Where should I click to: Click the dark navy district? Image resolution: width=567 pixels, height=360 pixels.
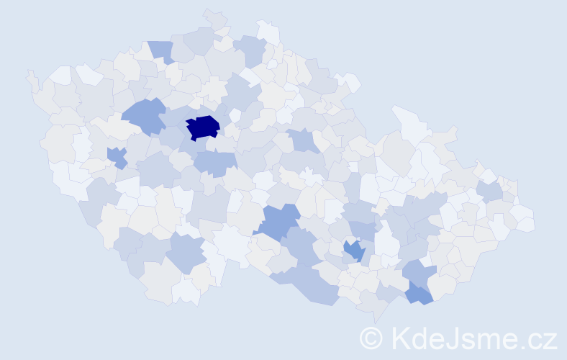[x=203, y=127]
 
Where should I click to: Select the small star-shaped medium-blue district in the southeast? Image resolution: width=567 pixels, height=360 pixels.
[x=354, y=251]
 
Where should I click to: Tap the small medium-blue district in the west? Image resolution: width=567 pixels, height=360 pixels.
[x=117, y=156]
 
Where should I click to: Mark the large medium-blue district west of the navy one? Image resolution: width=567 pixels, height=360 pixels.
[x=143, y=116]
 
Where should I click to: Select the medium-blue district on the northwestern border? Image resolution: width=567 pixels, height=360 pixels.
[x=161, y=51]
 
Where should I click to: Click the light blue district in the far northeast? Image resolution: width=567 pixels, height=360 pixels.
[x=489, y=191]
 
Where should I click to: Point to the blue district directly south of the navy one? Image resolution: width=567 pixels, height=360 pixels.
[x=214, y=163]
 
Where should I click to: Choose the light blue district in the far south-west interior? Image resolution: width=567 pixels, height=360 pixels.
[x=188, y=253]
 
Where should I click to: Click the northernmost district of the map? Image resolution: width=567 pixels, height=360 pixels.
[x=214, y=18]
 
